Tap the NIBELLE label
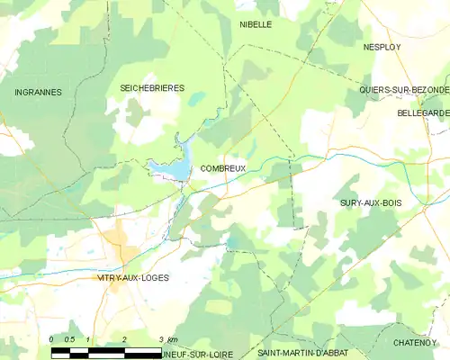[256, 24]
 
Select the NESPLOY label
[381, 45]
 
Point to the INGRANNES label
[38, 92]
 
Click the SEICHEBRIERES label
[152, 87]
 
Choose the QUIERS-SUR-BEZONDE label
[403, 90]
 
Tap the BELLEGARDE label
[422, 113]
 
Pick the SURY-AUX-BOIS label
[371, 203]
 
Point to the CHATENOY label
[415, 343]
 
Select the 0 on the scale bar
[52, 339]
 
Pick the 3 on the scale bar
[159, 339]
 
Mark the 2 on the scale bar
[123, 339]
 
